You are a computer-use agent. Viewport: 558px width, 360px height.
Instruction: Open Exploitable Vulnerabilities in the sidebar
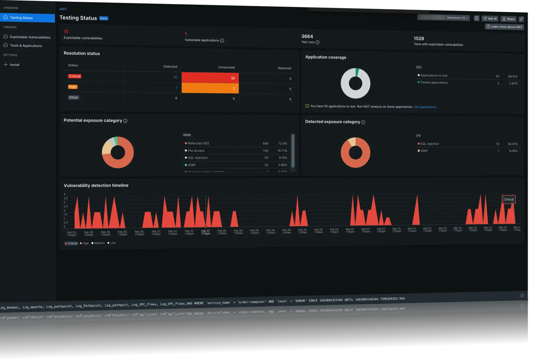click(x=30, y=37)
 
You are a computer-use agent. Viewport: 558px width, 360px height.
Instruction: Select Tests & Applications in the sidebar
click(x=26, y=46)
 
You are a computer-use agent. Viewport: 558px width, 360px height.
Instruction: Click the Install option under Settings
click(x=15, y=65)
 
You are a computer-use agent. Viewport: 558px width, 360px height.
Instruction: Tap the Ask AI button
click(x=490, y=19)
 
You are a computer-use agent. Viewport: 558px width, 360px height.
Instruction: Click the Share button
click(x=508, y=19)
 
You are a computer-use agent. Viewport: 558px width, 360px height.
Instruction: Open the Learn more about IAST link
click(x=504, y=27)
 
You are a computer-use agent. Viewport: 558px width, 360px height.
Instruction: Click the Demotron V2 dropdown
click(x=457, y=18)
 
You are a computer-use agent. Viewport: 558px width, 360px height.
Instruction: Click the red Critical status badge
click(x=75, y=76)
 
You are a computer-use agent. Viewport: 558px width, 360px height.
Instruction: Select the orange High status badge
click(x=73, y=87)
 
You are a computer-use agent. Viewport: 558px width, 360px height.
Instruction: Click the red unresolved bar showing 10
click(x=210, y=78)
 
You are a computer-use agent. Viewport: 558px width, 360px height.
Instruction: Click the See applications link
click(x=425, y=107)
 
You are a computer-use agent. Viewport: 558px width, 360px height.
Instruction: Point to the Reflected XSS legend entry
click(x=198, y=143)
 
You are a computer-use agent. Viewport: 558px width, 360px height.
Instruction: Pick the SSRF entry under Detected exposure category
click(x=424, y=151)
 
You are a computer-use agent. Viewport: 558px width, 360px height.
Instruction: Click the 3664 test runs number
click(x=307, y=36)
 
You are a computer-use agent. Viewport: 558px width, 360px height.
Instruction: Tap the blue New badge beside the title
click(x=103, y=18)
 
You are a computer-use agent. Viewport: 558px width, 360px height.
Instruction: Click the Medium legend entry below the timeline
click(x=99, y=243)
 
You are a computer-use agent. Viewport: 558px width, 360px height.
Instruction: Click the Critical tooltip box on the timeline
click(x=508, y=199)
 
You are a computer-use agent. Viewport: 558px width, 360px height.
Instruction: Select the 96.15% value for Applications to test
click(x=512, y=76)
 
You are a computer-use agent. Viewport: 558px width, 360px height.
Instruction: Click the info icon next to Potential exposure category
click(x=125, y=121)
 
